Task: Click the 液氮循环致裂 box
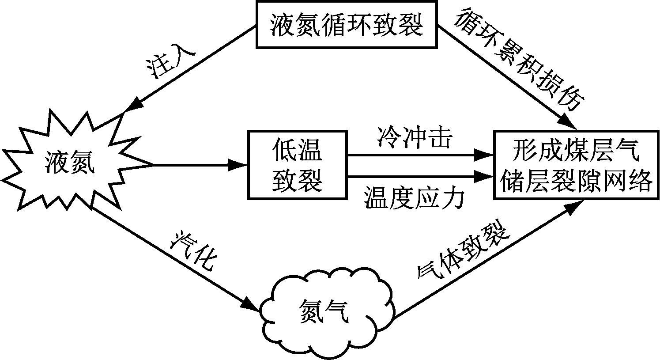pyautogui.click(x=347, y=25)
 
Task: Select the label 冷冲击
pyautogui.click(x=414, y=138)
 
